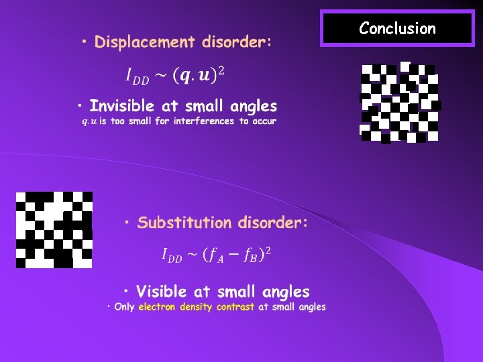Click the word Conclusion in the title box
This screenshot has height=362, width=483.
point(397,28)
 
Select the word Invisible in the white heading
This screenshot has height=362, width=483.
point(121,106)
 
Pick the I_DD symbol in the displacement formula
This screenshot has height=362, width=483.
point(138,77)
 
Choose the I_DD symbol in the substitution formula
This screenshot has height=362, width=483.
point(172,255)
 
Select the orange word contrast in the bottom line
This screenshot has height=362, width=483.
point(235,307)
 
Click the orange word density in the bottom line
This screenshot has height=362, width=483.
point(196,307)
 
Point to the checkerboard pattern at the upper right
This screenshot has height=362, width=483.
point(400,103)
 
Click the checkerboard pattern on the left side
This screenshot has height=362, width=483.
point(54,229)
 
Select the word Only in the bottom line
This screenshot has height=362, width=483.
point(125,307)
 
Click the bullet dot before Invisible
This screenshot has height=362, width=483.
point(80,107)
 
